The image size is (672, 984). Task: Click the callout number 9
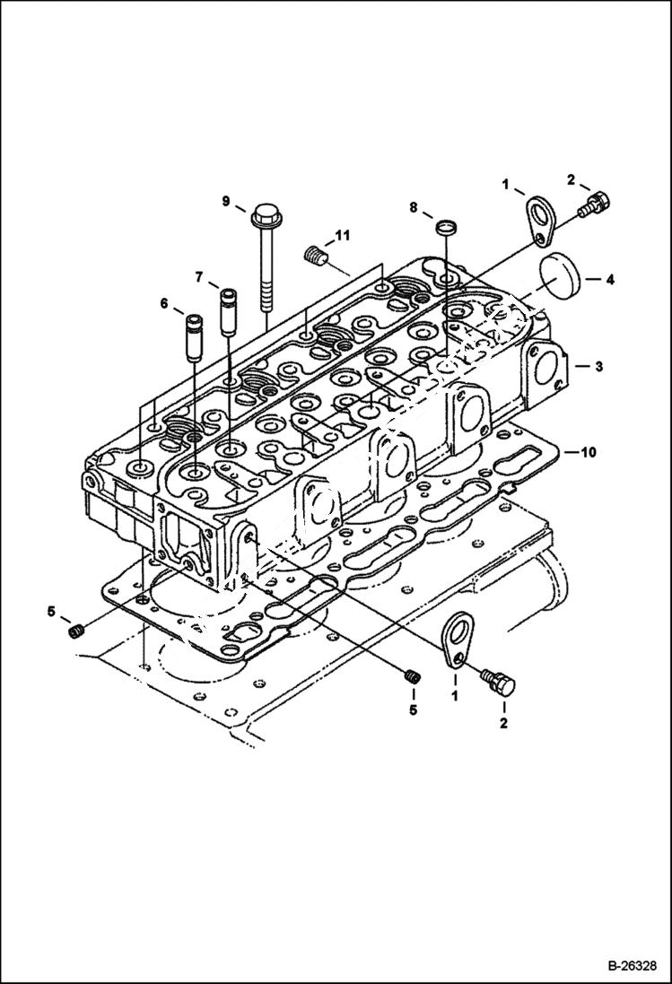(x=227, y=201)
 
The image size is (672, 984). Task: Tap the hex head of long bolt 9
(x=265, y=216)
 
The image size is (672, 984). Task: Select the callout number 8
(x=414, y=208)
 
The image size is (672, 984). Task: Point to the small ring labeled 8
(x=445, y=226)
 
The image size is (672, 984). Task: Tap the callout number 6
(x=164, y=304)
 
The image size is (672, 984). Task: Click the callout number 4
(x=609, y=280)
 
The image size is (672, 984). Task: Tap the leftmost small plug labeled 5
(x=76, y=633)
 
